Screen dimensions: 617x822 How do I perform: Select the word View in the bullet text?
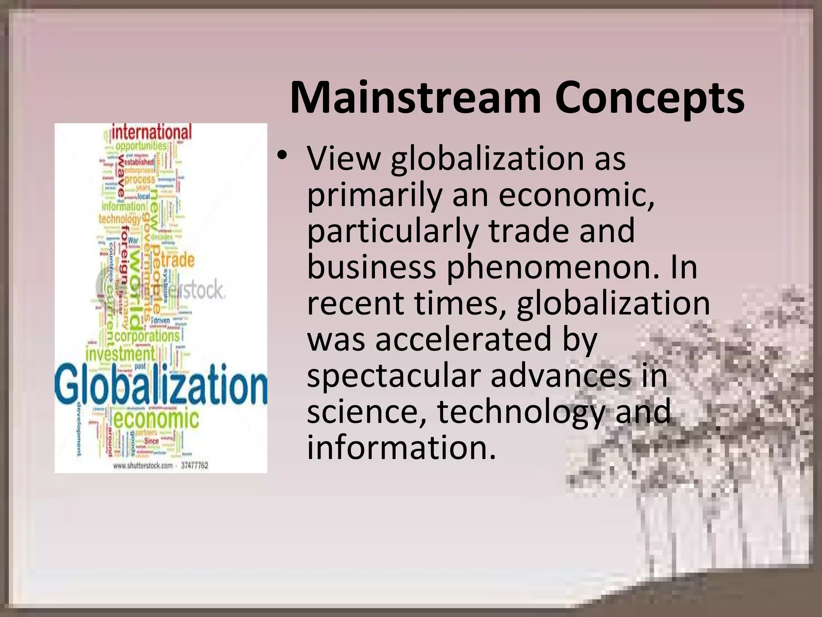tap(343, 158)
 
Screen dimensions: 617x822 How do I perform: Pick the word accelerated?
tap(464, 339)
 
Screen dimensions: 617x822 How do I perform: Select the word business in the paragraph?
tap(371, 268)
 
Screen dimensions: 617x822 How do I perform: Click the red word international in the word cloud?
tap(152, 132)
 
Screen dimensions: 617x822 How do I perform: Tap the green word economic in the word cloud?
tap(156, 419)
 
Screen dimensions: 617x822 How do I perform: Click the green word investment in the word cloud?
tap(120, 354)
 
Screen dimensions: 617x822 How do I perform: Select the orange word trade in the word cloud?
tap(177, 260)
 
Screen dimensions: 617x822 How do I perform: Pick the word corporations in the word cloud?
tap(147, 335)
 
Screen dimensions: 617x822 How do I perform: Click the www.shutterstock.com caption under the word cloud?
tap(143, 466)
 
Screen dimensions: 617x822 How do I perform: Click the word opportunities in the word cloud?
tap(140, 145)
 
